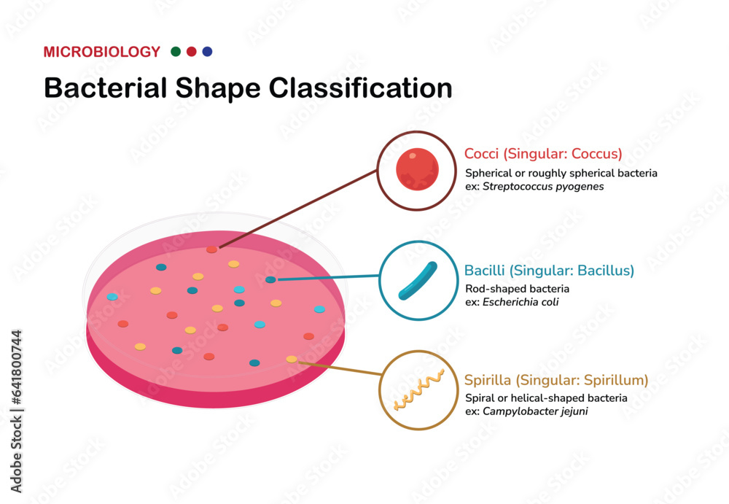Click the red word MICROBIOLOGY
(x=101, y=52)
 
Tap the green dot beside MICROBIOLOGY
(x=176, y=52)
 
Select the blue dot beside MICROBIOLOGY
(x=207, y=52)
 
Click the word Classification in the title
(x=361, y=88)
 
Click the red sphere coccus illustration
(x=417, y=170)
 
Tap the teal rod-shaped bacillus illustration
(x=417, y=281)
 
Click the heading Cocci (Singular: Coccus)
(x=543, y=154)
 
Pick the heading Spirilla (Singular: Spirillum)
(x=556, y=380)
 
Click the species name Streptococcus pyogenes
(x=543, y=187)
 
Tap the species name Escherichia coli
(x=521, y=302)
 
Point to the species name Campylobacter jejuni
(x=534, y=411)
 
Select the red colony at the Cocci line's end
(x=211, y=249)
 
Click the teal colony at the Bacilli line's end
(x=270, y=279)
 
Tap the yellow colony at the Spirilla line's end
(x=292, y=359)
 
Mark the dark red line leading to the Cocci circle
(x=299, y=208)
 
